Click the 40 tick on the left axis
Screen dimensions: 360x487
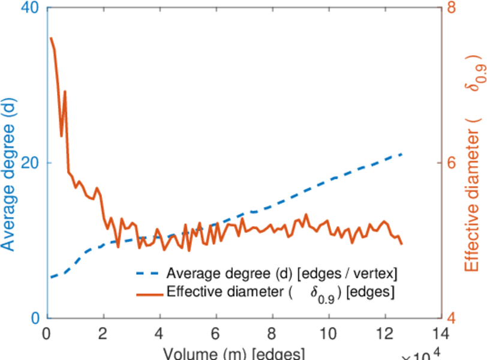[x=29, y=8]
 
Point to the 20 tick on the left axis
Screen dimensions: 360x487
[x=29, y=163]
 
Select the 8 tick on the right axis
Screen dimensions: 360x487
[x=453, y=8]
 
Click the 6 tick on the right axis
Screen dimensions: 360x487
[x=453, y=163]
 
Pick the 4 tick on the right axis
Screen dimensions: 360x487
[x=453, y=318]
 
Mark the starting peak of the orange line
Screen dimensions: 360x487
[x=51, y=38]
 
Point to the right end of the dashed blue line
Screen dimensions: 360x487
[x=401, y=154]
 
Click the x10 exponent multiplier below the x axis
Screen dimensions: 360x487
[x=423, y=355]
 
